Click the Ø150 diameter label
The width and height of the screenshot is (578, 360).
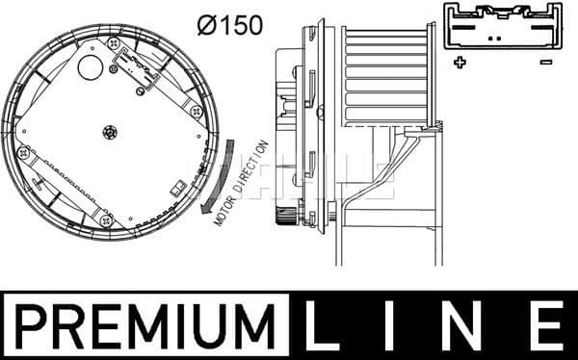pyautogui.click(x=229, y=24)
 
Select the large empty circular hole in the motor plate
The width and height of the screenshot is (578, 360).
pyautogui.click(x=91, y=66)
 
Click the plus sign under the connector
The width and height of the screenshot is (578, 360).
pyautogui.click(x=460, y=63)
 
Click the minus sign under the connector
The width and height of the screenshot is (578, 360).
pyautogui.click(x=546, y=63)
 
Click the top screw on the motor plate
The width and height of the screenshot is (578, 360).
pyautogui.click(x=115, y=44)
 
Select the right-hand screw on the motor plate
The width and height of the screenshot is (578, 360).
pyautogui.click(x=197, y=111)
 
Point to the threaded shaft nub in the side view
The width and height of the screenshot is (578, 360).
pyautogui.click(x=286, y=219)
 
